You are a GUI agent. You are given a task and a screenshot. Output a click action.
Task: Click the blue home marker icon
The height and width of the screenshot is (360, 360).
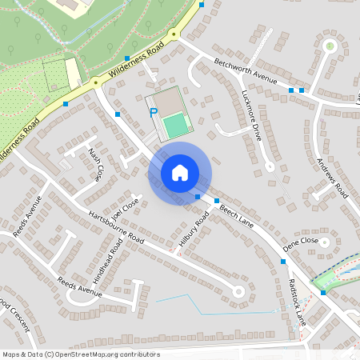pos(180,173)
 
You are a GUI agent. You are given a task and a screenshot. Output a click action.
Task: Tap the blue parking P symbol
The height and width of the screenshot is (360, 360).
pos(153,114)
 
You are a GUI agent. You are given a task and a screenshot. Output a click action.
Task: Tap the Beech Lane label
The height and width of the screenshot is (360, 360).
pos(236,215)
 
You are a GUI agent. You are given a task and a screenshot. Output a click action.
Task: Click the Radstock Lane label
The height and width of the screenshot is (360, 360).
pos(297,300)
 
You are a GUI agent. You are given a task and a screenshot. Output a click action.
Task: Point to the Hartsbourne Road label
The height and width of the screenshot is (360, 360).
pos(116,228)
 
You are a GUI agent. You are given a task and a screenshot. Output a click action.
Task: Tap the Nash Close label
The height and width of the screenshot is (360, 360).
pos(96,163)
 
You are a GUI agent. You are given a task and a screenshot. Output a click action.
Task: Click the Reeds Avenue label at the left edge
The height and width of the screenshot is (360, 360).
pos(27,216)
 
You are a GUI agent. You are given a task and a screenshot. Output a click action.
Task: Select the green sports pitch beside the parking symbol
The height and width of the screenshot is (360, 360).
pos(176,124)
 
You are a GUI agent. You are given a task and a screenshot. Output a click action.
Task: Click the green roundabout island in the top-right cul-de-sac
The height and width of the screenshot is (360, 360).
pos(330,46)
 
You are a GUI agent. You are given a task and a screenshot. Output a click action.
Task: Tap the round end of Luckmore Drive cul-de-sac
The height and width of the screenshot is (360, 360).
pos(270,166)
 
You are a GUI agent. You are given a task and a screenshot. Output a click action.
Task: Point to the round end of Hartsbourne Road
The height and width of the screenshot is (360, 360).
pos(238,291)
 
